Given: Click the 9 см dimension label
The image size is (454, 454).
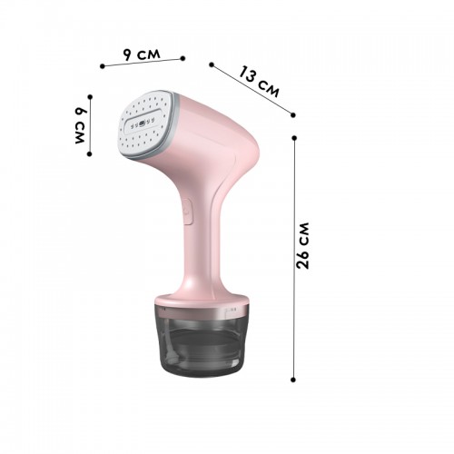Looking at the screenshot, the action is tap(142, 54).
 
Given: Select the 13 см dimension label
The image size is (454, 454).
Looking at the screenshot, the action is tap(259, 82).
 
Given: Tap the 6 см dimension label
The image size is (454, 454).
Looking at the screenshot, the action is tap(81, 125).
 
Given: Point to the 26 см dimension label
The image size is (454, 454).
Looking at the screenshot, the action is tap(302, 246).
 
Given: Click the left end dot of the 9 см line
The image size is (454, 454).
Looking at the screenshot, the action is tap(103, 66).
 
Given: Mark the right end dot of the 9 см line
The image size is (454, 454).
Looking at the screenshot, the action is tap(183, 58).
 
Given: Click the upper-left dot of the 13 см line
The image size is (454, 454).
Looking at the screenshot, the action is tap(212, 64).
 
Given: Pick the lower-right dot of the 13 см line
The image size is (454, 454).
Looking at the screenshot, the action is tap(292, 114).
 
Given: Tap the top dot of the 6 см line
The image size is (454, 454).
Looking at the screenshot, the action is tap(90, 97).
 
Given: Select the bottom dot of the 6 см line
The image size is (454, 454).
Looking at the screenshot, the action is tap(89, 153).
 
